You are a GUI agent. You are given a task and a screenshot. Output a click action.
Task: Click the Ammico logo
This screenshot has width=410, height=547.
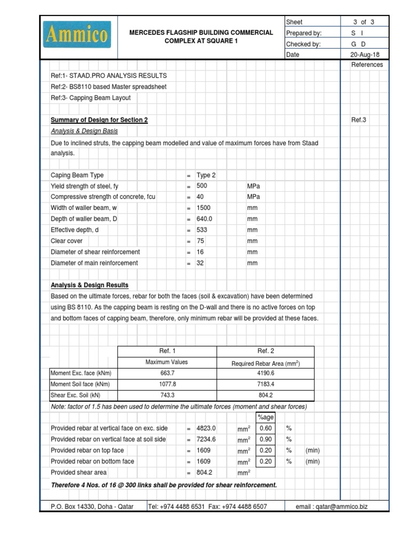(x=78, y=35)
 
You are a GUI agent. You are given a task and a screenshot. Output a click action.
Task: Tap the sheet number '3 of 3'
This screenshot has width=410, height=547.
(x=364, y=22)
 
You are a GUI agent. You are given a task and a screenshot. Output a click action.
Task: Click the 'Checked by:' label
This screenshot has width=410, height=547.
(x=303, y=44)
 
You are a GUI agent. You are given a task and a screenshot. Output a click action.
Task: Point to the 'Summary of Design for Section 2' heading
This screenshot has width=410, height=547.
(x=99, y=120)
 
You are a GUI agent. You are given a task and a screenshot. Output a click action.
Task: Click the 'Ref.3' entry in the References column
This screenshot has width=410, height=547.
(x=359, y=120)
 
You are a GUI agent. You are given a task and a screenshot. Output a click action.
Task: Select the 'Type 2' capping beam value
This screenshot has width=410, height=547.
(x=206, y=175)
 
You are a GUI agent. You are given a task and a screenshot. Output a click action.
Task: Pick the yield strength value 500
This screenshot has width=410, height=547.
(x=202, y=186)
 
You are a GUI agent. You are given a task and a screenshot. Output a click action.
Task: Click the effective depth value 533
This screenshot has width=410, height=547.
(x=202, y=230)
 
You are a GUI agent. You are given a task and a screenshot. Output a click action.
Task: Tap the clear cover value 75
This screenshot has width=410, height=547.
(x=200, y=241)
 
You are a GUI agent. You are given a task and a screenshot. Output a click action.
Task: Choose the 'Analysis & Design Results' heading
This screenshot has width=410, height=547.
(x=90, y=285)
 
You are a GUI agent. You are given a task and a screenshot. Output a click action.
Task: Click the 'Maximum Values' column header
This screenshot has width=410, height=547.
(x=167, y=362)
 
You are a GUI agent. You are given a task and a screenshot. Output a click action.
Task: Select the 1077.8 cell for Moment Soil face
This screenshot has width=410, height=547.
(x=167, y=384)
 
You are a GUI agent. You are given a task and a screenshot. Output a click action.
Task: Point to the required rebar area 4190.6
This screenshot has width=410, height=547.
(x=265, y=373)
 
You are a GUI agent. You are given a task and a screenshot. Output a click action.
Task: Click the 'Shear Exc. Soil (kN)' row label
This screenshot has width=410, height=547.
(x=75, y=395)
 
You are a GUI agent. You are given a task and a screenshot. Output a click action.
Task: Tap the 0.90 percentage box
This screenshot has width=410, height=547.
(x=265, y=439)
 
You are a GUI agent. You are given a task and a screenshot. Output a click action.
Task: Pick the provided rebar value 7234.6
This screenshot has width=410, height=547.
(x=206, y=439)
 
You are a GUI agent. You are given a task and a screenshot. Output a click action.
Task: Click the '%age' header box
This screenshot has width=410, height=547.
(x=265, y=417)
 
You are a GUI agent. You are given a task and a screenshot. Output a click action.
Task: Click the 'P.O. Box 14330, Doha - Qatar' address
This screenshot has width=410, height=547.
(x=92, y=506)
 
